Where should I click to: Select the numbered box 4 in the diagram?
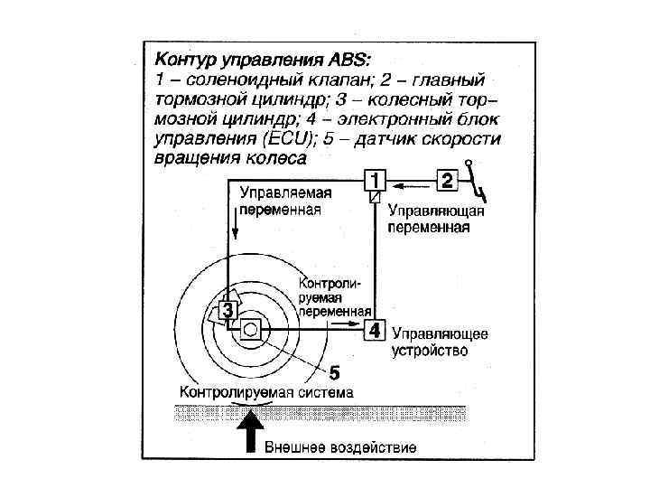click(x=376, y=331)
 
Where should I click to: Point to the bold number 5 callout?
click(x=333, y=371)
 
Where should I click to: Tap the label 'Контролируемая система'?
click(x=266, y=392)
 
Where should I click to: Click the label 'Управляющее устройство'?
click(x=440, y=342)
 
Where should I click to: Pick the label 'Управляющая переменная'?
click(x=437, y=219)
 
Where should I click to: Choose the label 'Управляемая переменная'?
click(x=284, y=201)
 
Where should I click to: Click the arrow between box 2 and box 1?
click(x=411, y=182)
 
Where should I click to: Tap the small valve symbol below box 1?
click(x=375, y=196)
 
